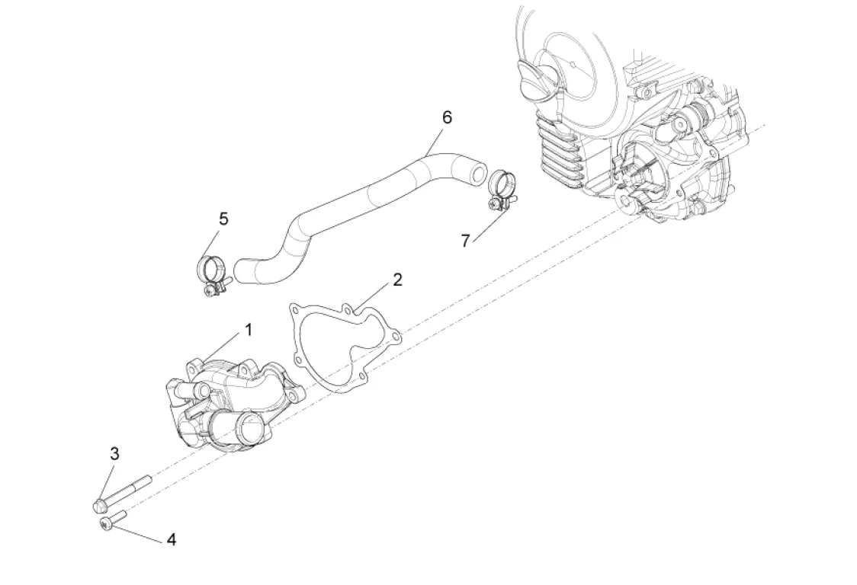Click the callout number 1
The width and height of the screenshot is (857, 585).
[x=249, y=330]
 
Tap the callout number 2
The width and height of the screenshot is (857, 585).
[x=397, y=280]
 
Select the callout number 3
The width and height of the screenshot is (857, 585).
[x=114, y=454]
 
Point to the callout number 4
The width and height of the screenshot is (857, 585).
[x=171, y=539]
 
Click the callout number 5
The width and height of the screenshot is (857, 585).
[x=223, y=219]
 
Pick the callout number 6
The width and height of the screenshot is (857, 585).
[x=447, y=117]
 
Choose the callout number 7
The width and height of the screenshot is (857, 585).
[x=465, y=241]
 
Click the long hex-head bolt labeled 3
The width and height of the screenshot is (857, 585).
[x=122, y=494]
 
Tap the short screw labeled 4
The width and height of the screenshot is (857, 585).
[x=113, y=519]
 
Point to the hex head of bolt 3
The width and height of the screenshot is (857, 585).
[x=99, y=505]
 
